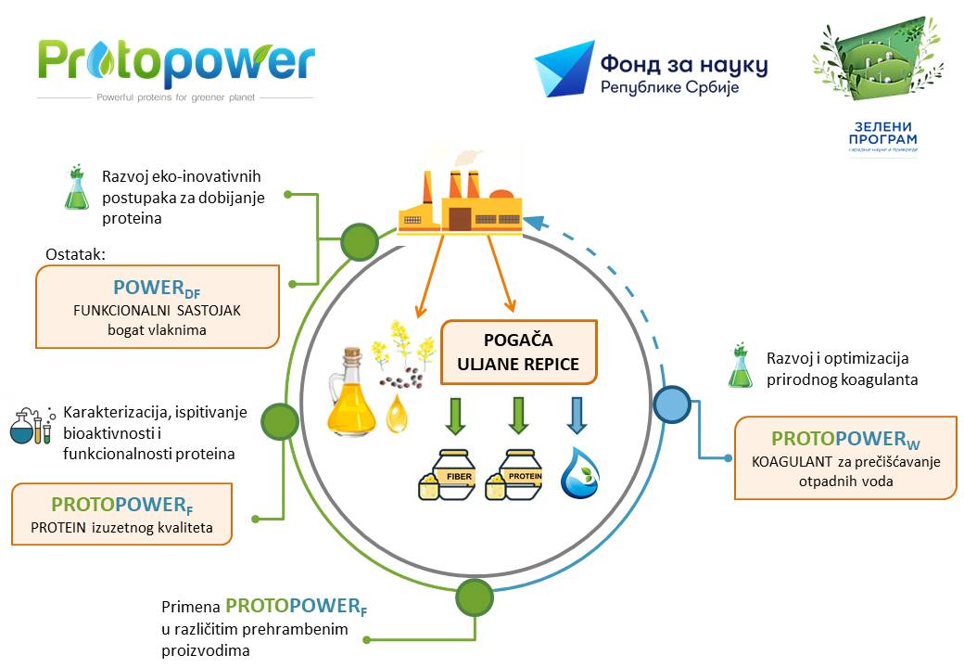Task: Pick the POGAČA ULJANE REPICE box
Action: coord(518,352)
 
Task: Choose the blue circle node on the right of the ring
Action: coord(671,405)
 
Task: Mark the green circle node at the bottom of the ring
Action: coord(474,594)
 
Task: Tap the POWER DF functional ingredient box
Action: coord(158,306)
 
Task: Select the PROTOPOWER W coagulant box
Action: coord(844,457)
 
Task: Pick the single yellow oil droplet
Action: coord(397,415)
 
